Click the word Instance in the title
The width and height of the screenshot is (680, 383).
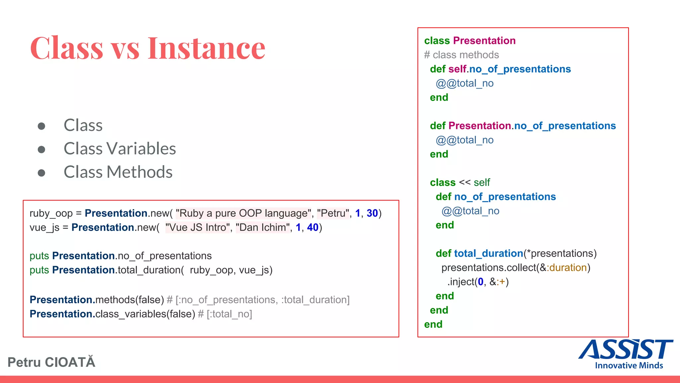[x=206, y=48]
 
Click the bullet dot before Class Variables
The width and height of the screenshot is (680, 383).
[x=42, y=149]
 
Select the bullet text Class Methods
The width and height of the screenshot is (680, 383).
[x=118, y=172]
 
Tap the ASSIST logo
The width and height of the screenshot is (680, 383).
[x=626, y=350]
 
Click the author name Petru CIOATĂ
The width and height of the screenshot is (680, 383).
[x=51, y=362]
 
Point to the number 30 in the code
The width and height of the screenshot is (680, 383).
[x=372, y=213]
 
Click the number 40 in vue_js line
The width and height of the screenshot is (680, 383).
[x=312, y=227]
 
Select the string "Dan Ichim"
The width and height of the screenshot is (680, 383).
[x=263, y=227]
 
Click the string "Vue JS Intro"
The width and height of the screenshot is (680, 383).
[x=198, y=227]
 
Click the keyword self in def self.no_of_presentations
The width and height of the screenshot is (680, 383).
[x=457, y=69]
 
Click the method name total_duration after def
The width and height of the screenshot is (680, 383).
[x=489, y=254]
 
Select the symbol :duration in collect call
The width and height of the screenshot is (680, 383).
[x=567, y=268]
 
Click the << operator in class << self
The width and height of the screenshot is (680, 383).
[x=465, y=183]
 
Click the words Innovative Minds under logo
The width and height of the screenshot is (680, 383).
[x=629, y=365]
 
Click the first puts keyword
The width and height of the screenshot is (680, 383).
[x=39, y=256]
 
